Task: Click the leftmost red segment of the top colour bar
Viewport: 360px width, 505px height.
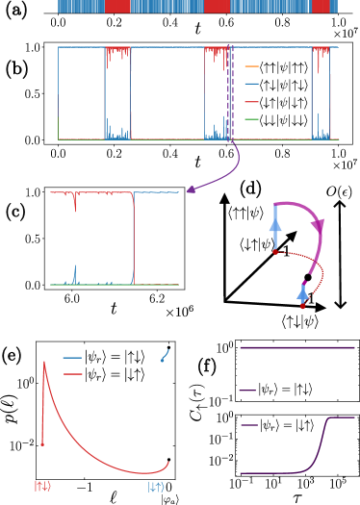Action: tap(117, 6)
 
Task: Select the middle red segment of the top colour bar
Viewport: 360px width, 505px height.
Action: tap(217, 6)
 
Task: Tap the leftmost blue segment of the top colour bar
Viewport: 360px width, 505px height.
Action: tap(81, 6)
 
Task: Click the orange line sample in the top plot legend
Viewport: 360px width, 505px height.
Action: tap(251, 66)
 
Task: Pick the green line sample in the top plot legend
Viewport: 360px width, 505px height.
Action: tap(251, 119)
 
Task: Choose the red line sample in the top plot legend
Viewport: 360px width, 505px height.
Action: tap(251, 101)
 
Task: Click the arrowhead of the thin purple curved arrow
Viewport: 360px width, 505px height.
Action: tap(189, 190)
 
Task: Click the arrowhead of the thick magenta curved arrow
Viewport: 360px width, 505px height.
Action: tap(318, 228)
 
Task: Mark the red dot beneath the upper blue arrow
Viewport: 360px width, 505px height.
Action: tap(275, 252)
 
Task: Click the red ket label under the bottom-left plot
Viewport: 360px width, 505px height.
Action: tap(42, 487)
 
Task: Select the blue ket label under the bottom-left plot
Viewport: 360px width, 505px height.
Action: tap(156, 487)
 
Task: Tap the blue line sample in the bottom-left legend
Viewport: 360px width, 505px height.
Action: tap(72, 358)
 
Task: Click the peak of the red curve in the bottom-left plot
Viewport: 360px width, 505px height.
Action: tap(43, 363)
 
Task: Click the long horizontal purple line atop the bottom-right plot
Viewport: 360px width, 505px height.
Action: tap(296, 347)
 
